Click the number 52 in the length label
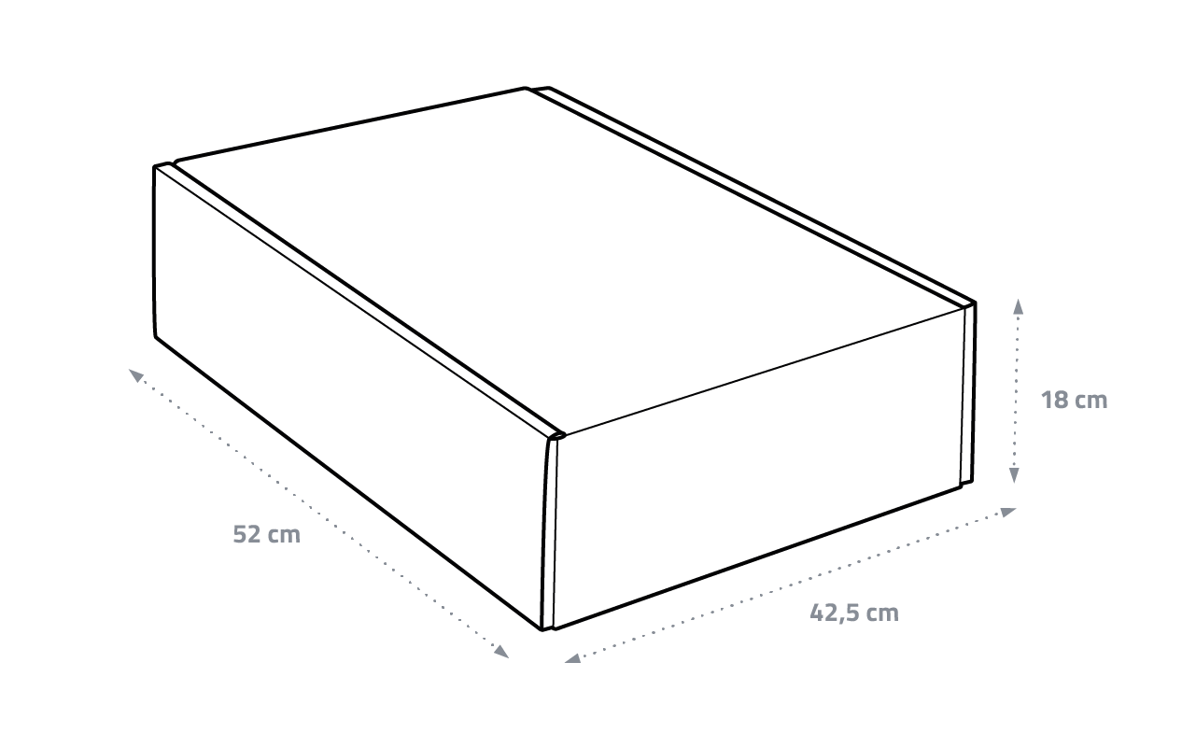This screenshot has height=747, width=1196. click(246, 534)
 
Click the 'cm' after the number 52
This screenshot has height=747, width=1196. click(284, 535)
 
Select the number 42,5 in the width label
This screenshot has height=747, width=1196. click(834, 613)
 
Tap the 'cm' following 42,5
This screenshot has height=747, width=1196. click(881, 613)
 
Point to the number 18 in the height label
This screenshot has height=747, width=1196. click(1055, 400)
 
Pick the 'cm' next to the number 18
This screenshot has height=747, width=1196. click(1090, 401)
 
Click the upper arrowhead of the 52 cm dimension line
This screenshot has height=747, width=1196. click(135, 374)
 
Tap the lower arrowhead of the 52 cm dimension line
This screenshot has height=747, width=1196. click(502, 653)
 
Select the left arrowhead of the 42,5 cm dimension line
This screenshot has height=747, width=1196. click(571, 659)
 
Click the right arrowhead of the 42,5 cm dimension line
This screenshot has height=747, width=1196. click(1009, 511)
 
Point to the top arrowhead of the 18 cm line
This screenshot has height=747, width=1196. click(1018, 304)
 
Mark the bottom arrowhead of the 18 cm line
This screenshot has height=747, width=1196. click(1015, 477)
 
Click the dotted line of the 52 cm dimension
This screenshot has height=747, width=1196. click(317, 514)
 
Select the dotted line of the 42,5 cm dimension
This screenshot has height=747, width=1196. click(789, 585)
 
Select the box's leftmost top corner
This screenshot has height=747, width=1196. click(155, 168)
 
